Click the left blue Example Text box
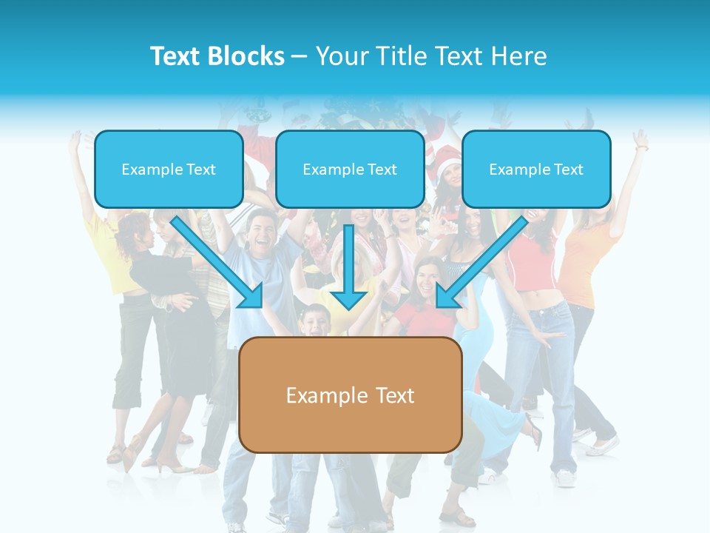169,169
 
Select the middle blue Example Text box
350,169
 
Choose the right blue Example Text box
536,169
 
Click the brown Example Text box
350,395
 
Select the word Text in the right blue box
569,170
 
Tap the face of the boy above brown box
314,321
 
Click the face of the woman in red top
427,277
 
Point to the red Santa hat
447,157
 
